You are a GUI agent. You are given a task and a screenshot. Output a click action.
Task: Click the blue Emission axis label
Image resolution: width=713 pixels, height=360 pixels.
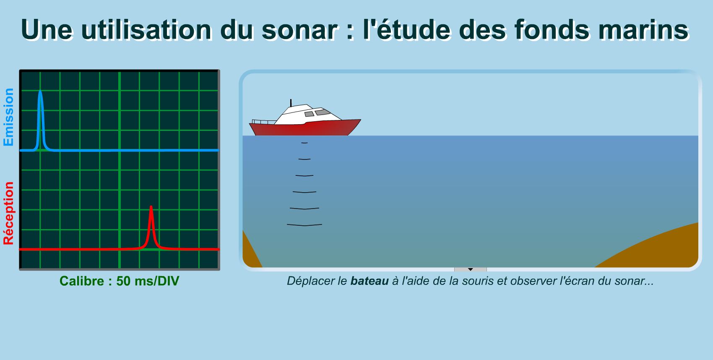pyautogui.click(x=9, y=117)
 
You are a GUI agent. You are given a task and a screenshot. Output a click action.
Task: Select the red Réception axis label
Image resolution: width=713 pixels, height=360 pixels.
pyautogui.click(x=9, y=213)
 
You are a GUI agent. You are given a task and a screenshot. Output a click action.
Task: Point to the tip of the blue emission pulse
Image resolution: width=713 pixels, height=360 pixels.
pyautogui.click(x=40, y=91)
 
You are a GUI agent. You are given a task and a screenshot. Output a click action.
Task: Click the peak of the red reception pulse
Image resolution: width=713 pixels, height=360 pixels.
pyautogui.click(x=151, y=207)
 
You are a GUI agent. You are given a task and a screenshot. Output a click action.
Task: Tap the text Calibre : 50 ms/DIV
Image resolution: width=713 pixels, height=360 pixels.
pyautogui.click(x=119, y=281)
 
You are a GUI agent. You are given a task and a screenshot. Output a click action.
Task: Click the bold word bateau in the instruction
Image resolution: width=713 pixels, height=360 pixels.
pyautogui.click(x=369, y=281)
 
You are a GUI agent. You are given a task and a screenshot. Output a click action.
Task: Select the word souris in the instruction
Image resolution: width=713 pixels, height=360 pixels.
pyautogui.click(x=478, y=281)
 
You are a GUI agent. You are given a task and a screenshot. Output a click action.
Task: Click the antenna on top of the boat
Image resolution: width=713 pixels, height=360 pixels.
pyautogui.click(x=291, y=103)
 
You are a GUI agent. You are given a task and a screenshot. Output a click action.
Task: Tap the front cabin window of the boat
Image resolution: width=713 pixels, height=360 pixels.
pyautogui.click(x=323, y=112)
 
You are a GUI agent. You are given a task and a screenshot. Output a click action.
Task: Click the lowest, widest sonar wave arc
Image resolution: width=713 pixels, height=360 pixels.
pyautogui.click(x=304, y=225)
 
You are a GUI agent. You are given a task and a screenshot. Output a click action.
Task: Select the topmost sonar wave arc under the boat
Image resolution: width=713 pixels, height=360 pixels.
pyautogui.click(x=304, y=143)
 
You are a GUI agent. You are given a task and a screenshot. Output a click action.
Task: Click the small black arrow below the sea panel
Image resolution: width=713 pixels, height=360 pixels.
pyautogui.click(x=470, y=269)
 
